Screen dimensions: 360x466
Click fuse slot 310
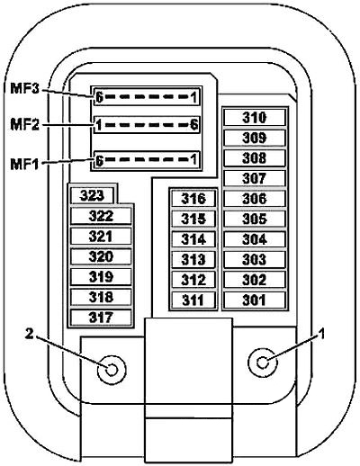pos(255,117)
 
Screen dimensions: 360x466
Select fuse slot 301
pos(255,300)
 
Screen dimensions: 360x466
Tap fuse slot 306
pos(255,199)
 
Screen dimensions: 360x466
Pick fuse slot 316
pos(193,199)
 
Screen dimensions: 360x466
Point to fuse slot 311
pos(193,300)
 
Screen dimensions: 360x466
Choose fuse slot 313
pos(193,259)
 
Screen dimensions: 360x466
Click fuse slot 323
pos(92,195)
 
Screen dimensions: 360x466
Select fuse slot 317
pos(101,318)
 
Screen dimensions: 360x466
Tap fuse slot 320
pos(101,256)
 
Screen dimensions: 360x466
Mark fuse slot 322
pos(101,216)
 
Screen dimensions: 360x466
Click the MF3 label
pos(24,88)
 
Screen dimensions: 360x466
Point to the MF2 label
pos(24,124)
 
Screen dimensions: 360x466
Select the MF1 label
pos(24,164)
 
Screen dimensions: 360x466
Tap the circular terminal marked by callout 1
pos(263,363)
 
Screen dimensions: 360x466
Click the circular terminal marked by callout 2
pos(112,370)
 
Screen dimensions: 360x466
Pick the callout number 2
pos(29,334)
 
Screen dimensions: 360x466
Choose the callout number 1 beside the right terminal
pos(321,334)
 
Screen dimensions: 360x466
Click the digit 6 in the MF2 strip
pos(194,124)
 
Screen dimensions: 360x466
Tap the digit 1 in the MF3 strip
pos(194,97)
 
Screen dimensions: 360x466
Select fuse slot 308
pos(255,157)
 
